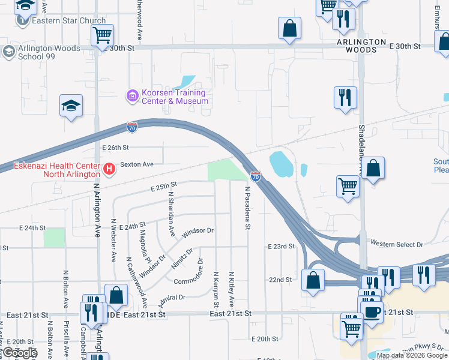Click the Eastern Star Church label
(68, 21)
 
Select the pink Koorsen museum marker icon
(131, 95)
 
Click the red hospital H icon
(109, 170)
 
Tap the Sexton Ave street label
(137, 164)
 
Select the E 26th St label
(116, 148)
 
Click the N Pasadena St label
(247, 208)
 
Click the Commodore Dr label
(193, 278)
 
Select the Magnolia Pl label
(143, 244)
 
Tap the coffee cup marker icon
(373, 311)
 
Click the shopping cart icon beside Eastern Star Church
(102, 35)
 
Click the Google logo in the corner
(19, 353)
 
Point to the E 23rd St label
(281, 247)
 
